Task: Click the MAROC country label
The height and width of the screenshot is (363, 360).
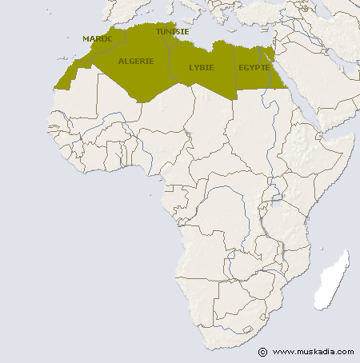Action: click(x=98, y=38)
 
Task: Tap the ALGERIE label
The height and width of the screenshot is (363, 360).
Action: click(x=135, y=61)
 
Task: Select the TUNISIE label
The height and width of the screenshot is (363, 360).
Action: click(x=173, y=32)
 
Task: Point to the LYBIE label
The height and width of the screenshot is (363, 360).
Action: click(x=202, y=67)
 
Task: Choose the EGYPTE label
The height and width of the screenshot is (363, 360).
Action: click(x=254, y=67)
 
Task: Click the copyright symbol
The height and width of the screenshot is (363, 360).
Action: click(x=262, y=352)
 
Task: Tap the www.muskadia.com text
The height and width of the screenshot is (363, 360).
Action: click(x=312, y=352)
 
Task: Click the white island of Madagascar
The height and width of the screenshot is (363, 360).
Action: click(x=333, y=280)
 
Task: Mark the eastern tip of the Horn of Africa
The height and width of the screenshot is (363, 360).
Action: click(x=354, y=138)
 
